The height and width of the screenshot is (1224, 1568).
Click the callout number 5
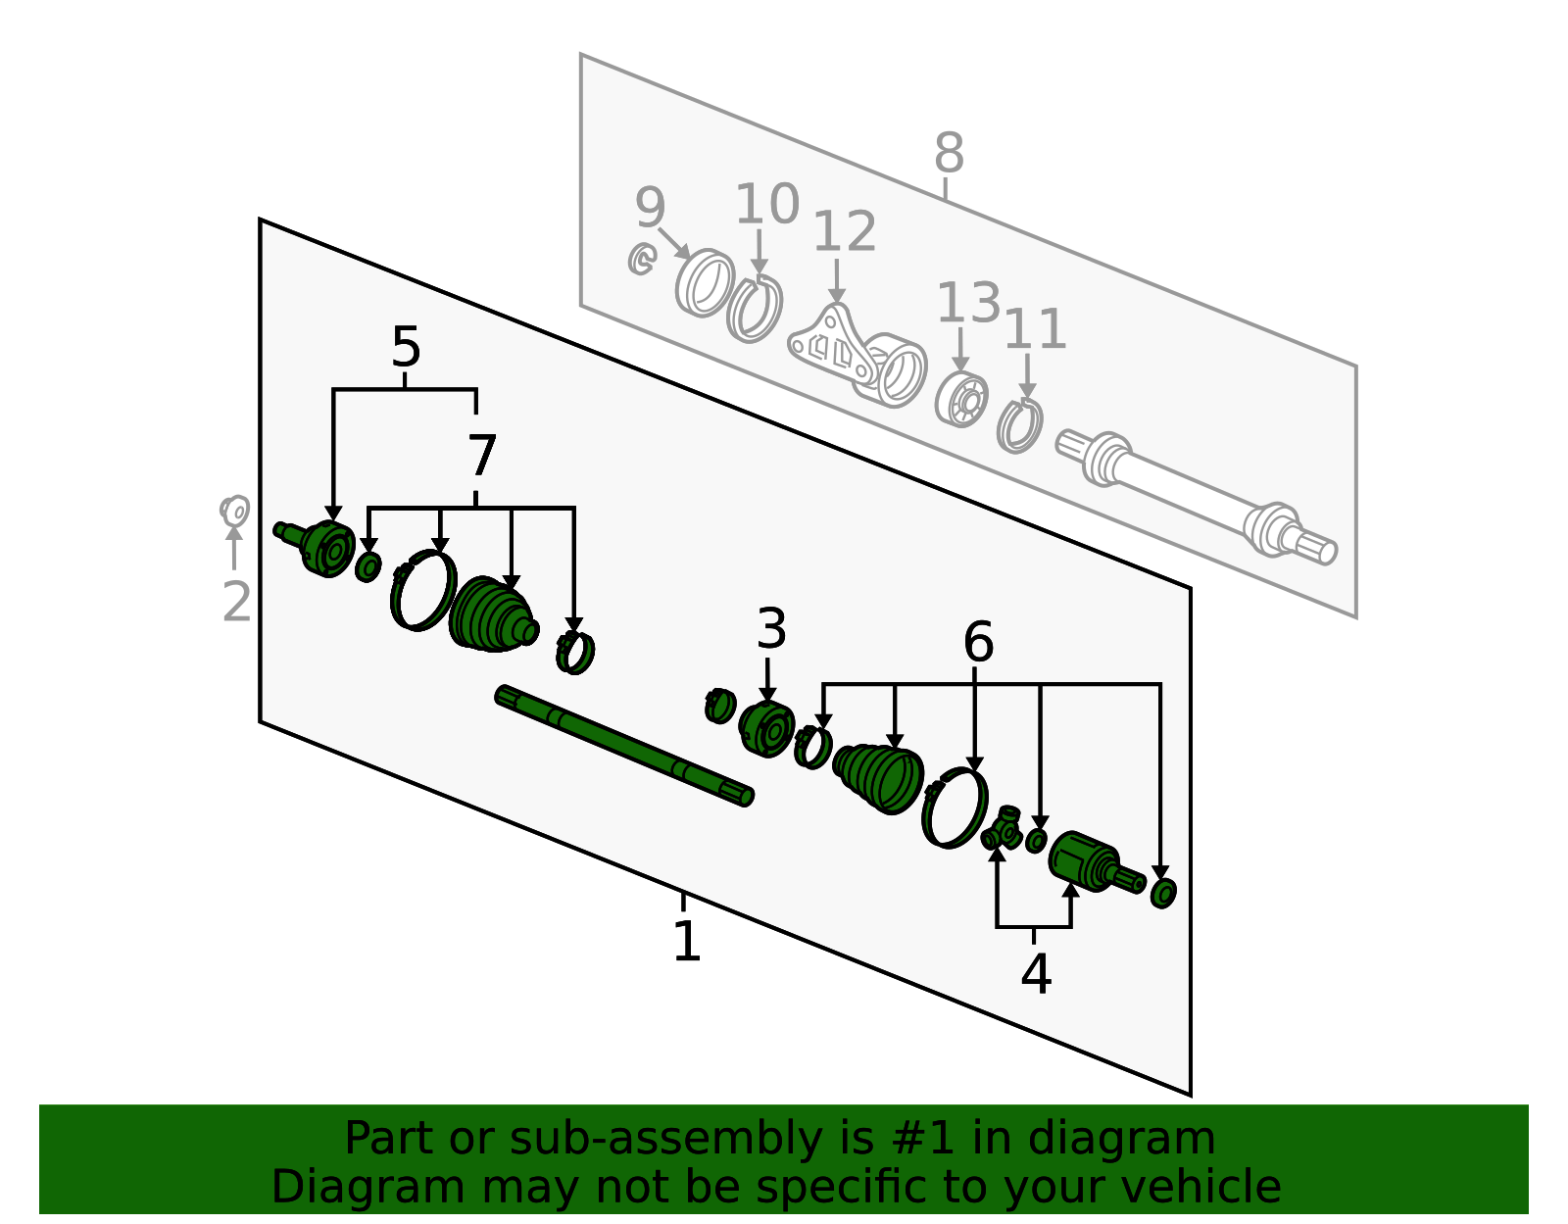pos(406,347)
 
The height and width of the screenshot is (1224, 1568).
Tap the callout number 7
pos(482,455)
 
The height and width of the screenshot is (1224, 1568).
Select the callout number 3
pos(771,628)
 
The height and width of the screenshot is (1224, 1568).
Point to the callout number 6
pos(978,641)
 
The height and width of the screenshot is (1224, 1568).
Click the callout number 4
pos(1036,974)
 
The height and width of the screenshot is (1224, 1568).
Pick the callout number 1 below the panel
pos(687,941)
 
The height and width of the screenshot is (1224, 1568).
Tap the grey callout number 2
pos(237,602)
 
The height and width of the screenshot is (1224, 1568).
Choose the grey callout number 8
pos(949,152)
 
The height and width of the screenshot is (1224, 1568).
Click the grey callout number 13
pos(968,302)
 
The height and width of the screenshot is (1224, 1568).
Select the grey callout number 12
pos(844,231)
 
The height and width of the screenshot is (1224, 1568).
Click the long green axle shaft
pos(624,746)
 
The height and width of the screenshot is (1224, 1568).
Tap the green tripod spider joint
pos(1003,828)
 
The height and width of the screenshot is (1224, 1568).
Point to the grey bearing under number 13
pos(961,399)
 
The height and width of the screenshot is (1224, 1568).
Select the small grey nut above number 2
pos(234,512)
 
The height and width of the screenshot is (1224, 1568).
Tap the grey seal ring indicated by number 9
pos(705,283)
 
